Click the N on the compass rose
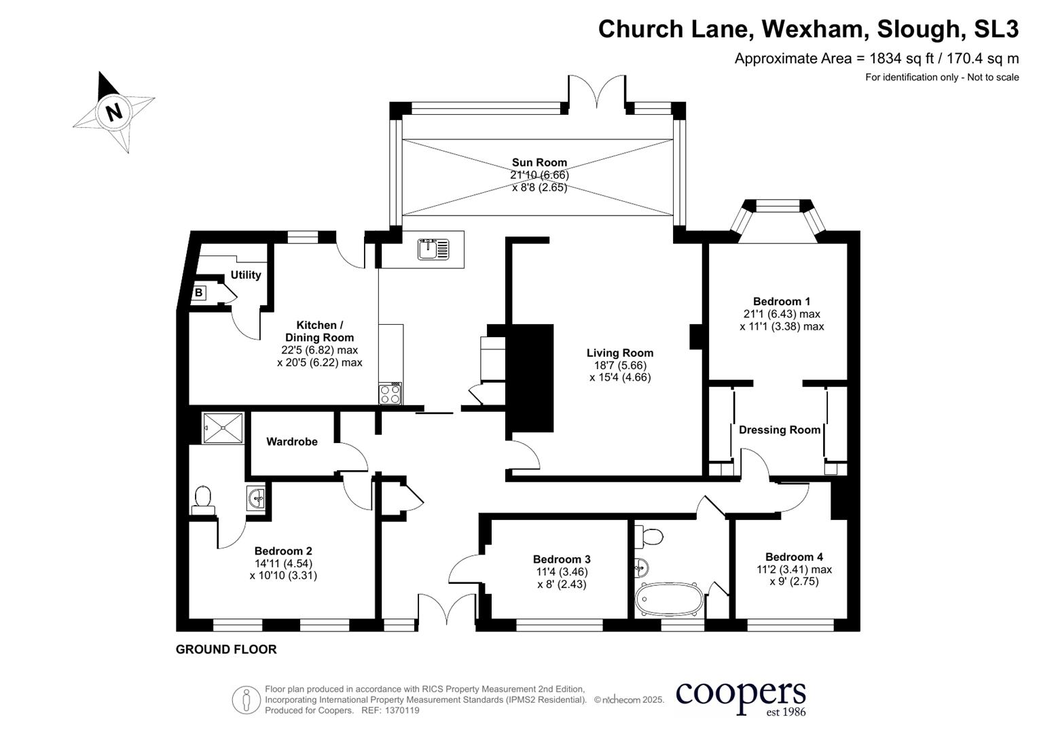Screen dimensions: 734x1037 click(x=113, y=111)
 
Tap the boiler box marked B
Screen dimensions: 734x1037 click(x=198, y=293)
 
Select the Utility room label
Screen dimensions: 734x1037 click(x=245, y=275)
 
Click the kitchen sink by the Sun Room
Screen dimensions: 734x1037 click(x=433, y=249)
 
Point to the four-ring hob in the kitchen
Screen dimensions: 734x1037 click(x=390, y=394)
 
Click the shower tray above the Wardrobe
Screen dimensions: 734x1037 click(x=222, y=427)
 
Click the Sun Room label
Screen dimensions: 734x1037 click(x=539, y=162)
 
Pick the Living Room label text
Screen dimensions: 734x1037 click(x=619, y=353)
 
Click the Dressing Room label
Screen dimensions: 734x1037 click(x=779, y=430)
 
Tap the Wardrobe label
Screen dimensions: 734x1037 click(x=291, y=442)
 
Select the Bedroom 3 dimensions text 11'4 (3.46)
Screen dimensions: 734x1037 click(x=561, y=572)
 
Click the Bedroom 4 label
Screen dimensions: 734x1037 click(x=793, y=557)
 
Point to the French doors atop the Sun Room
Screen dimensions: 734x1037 click(x=596, y=92)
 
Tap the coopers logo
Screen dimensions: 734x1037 click(x=740, y=697)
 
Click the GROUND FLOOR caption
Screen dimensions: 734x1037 click(x=226, y=650)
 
